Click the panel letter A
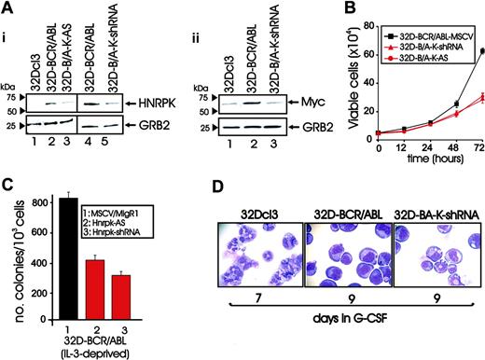tap(8, 8)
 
